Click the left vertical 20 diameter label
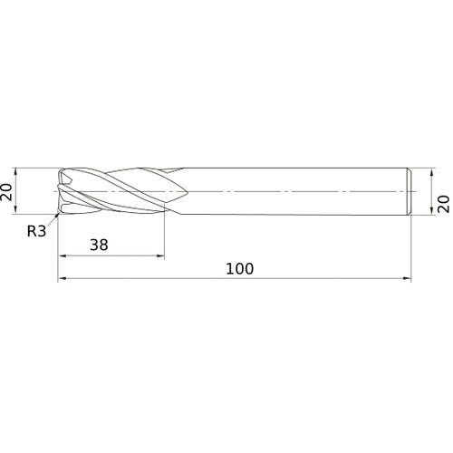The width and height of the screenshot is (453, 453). coord(6,191)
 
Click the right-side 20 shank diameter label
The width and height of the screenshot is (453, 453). coord(443,204)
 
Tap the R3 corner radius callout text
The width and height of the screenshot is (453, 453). coord(36,231)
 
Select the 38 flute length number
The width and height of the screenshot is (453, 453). coord(99,245)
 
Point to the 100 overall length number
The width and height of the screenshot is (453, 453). coord(240,268)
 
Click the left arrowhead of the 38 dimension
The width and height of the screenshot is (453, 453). coord(62,256)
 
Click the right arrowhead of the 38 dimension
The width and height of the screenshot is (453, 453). coord(160,256)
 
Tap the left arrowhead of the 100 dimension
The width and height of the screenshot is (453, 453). coord(62,279)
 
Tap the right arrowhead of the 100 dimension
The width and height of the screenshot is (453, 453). coord(408,279)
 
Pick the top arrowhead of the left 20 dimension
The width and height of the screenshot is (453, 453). coord(16,171)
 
